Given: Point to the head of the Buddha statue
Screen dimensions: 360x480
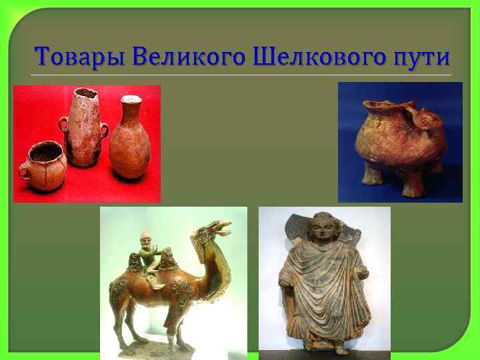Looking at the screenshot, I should click(324, 230).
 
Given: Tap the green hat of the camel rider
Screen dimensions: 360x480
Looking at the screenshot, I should click(145, 235).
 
